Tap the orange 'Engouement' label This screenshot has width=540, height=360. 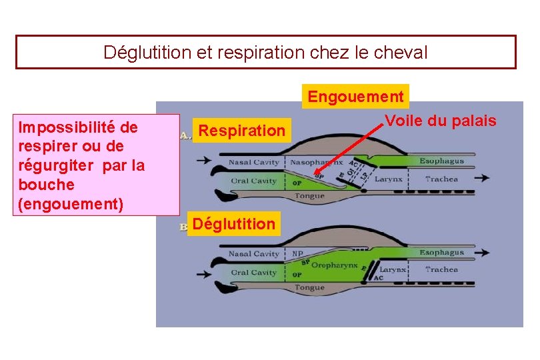pos(355,97)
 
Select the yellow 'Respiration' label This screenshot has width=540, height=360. pos(241,131)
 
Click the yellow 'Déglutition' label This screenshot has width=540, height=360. pos(233,224)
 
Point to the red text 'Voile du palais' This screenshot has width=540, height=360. pos(441,121)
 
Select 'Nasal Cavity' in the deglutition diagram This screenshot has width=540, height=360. pos(254,254)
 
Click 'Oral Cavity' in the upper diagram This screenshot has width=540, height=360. pos(254,181)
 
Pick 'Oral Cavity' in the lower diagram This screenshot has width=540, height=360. pos(254,273)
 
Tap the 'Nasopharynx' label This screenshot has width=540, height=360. pos(317,162)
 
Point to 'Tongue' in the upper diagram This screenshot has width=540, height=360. pos(309,196)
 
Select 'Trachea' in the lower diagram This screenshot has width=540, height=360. pos(441,270)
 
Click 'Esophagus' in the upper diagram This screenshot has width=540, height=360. pos(441,161)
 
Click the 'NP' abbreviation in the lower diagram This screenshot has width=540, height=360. pos(297,254)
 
